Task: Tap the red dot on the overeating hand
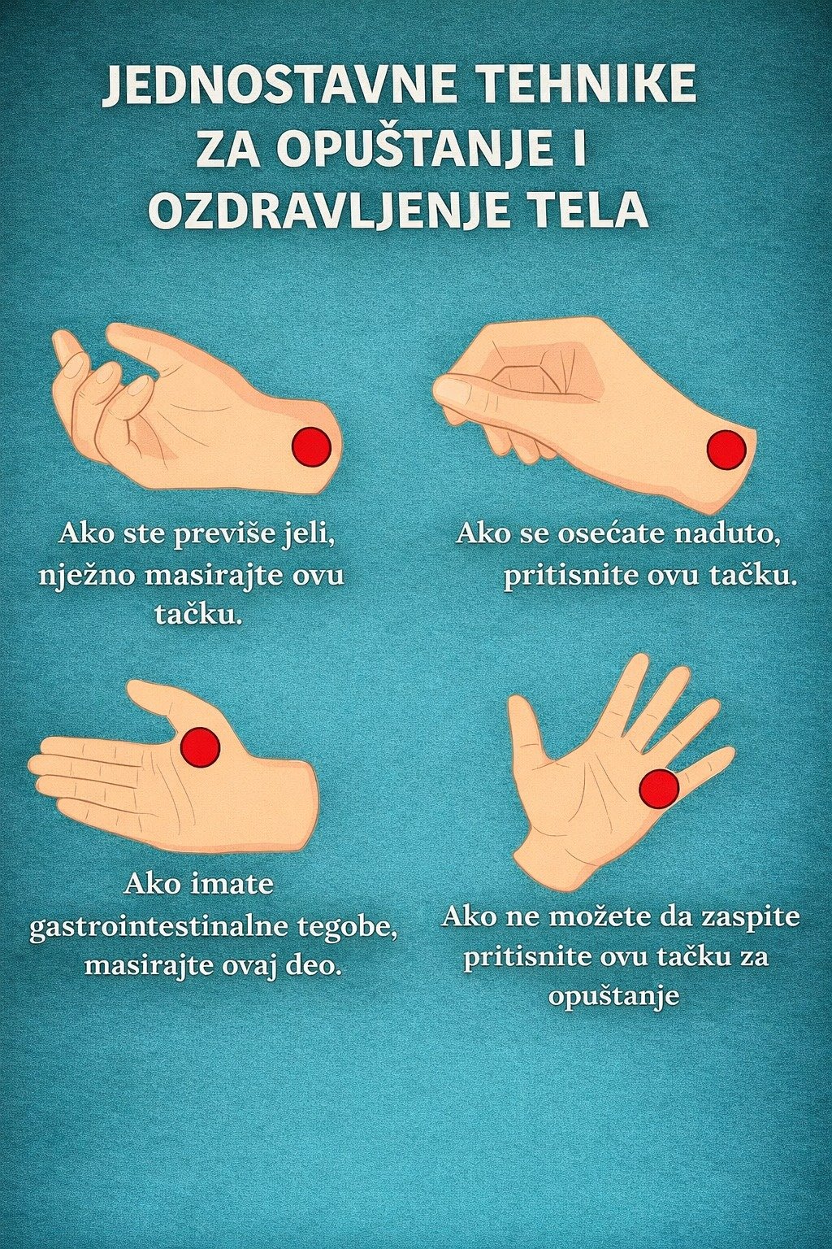pyautogui.click(x=311, y=446)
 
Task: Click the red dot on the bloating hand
pyautogui.click(x=726, y=450)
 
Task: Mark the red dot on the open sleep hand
pyautogui.click(x=659, y=789)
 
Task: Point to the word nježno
pyautogui.click(x=88, y=576)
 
